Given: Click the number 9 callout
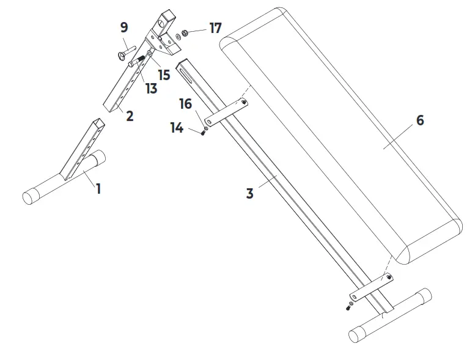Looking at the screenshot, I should click(x=124, y=28).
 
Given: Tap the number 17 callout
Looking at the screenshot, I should click(x=215, y=28).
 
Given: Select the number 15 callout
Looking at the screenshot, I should click(x=164, y=75).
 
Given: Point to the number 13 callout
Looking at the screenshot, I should click(x=151, y=89).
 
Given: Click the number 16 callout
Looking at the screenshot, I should click(x=186, y=105).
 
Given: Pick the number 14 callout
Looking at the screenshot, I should click(x=177, y=128).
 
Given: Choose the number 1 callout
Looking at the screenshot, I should click(x=98, y=188).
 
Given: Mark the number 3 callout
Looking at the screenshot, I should click(x=249, y=193).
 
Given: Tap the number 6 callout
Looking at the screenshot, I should click(x=419, y=120).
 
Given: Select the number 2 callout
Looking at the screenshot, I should click(x=130, y=116).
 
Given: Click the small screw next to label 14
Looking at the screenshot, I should click(x=202, y=133).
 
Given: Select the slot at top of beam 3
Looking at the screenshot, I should click(x=185, y=72).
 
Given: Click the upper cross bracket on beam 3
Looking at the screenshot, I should click(x=226, y=111).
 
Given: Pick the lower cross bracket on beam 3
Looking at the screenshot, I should click(x=371, y=287).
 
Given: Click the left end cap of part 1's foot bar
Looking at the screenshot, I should click(x=30, y=197).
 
